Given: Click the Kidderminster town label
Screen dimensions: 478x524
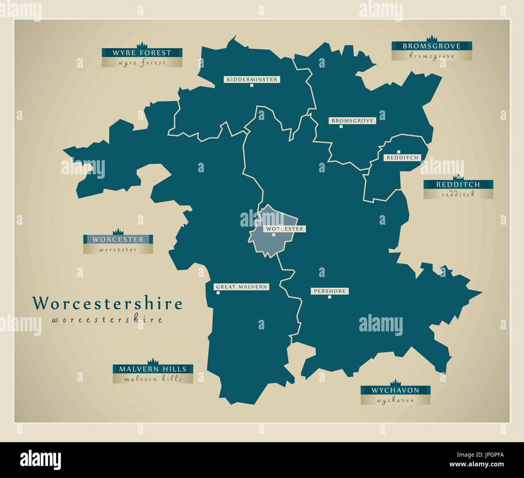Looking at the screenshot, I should (252, 79).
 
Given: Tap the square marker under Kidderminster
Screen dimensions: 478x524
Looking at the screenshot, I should (252, 85).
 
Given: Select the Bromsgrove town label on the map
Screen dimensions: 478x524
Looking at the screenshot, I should (352, 120).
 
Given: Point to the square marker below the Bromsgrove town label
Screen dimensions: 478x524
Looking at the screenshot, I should (341, 126).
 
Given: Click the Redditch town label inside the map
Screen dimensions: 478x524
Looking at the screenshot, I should (402, 157).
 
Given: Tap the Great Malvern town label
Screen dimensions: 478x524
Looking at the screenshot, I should (241, 287).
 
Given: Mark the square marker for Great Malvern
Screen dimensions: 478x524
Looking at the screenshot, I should (218, 293).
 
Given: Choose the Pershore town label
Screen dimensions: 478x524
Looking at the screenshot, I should (329, 291).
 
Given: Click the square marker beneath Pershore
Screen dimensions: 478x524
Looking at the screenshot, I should (329, 297).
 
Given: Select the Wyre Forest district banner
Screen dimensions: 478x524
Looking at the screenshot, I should (142, 53).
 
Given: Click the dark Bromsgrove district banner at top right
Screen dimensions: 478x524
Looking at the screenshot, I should (432, 46).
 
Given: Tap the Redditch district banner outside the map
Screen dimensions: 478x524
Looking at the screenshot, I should (458, 185).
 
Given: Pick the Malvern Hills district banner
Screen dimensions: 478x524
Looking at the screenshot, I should (153, 369).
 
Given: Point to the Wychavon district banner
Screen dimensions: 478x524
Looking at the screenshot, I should (395, 390).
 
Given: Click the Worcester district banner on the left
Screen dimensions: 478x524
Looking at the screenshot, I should (118, 239).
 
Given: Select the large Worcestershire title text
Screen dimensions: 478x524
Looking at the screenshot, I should (107, 303).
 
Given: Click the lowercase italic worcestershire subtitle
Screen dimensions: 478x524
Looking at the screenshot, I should (107, 320).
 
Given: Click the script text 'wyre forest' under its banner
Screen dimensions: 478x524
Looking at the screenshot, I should (142, 63).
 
